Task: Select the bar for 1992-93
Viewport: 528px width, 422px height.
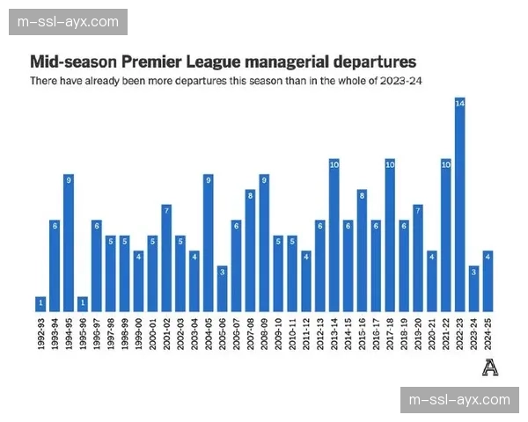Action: [x=40, y=304]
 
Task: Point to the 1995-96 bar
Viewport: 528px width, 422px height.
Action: [x=83, y=304]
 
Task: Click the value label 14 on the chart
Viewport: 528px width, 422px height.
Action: [x=459, y=104]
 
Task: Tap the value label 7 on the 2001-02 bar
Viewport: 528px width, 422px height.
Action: [x=166, y=211]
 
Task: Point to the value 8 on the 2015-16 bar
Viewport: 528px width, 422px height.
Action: [x=362, y=195]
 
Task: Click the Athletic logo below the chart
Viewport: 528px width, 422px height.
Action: [x=490, y=367]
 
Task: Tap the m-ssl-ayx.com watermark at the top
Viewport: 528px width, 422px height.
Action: [x=70, y=22]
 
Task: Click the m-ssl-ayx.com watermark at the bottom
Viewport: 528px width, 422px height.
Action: [x=460, y=399]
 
